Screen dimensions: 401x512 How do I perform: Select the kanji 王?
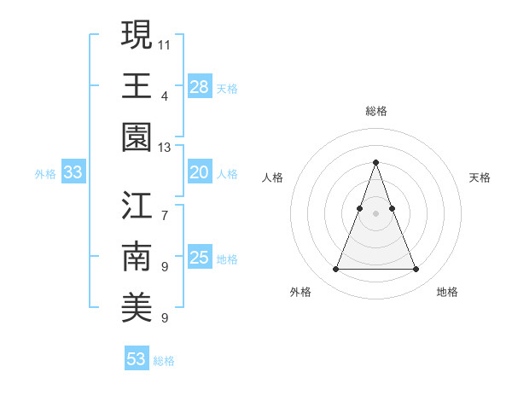pyautogui.click(x=137, y=85)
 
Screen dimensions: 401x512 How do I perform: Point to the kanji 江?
pyautogui.click(x=137, y=206)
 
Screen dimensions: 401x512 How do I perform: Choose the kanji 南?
pyautogui.click(x=137, y=257)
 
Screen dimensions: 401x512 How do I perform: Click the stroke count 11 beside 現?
pyautogui.click(x=165, y=44)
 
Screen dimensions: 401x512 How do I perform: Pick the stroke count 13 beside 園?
pyautogui.click(x=165, y=148)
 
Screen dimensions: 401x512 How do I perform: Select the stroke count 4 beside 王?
pyautogui.click(x=165, y=96)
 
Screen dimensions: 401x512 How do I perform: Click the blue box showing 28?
pyautogui.click(x=200, y=87)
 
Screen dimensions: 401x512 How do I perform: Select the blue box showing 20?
pyautogui.click(x=200, y=172)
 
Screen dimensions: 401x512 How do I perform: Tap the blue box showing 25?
pyautogui.click(x=200, y=258)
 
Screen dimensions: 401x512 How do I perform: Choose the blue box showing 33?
pyautogui.click(x=73, y=172)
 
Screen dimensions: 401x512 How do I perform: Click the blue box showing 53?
pyautogui.click(x=137, y=359)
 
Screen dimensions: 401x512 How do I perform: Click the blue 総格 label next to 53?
pyautogui.click(x=164, y=361)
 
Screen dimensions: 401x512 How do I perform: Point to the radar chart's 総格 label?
pyautogui.click(x=375, y=111)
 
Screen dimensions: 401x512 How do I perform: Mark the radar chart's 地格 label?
pyautogui.click(x=447, y=292)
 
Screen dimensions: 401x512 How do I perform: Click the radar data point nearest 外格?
pyautogui.click(x=335, y=270)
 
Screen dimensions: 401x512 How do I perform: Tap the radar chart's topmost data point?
pyautogui.click(x=375, y=162)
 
